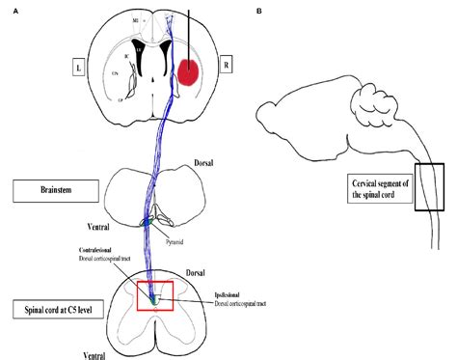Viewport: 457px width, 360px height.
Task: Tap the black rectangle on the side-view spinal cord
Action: click(x=429, y=186)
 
